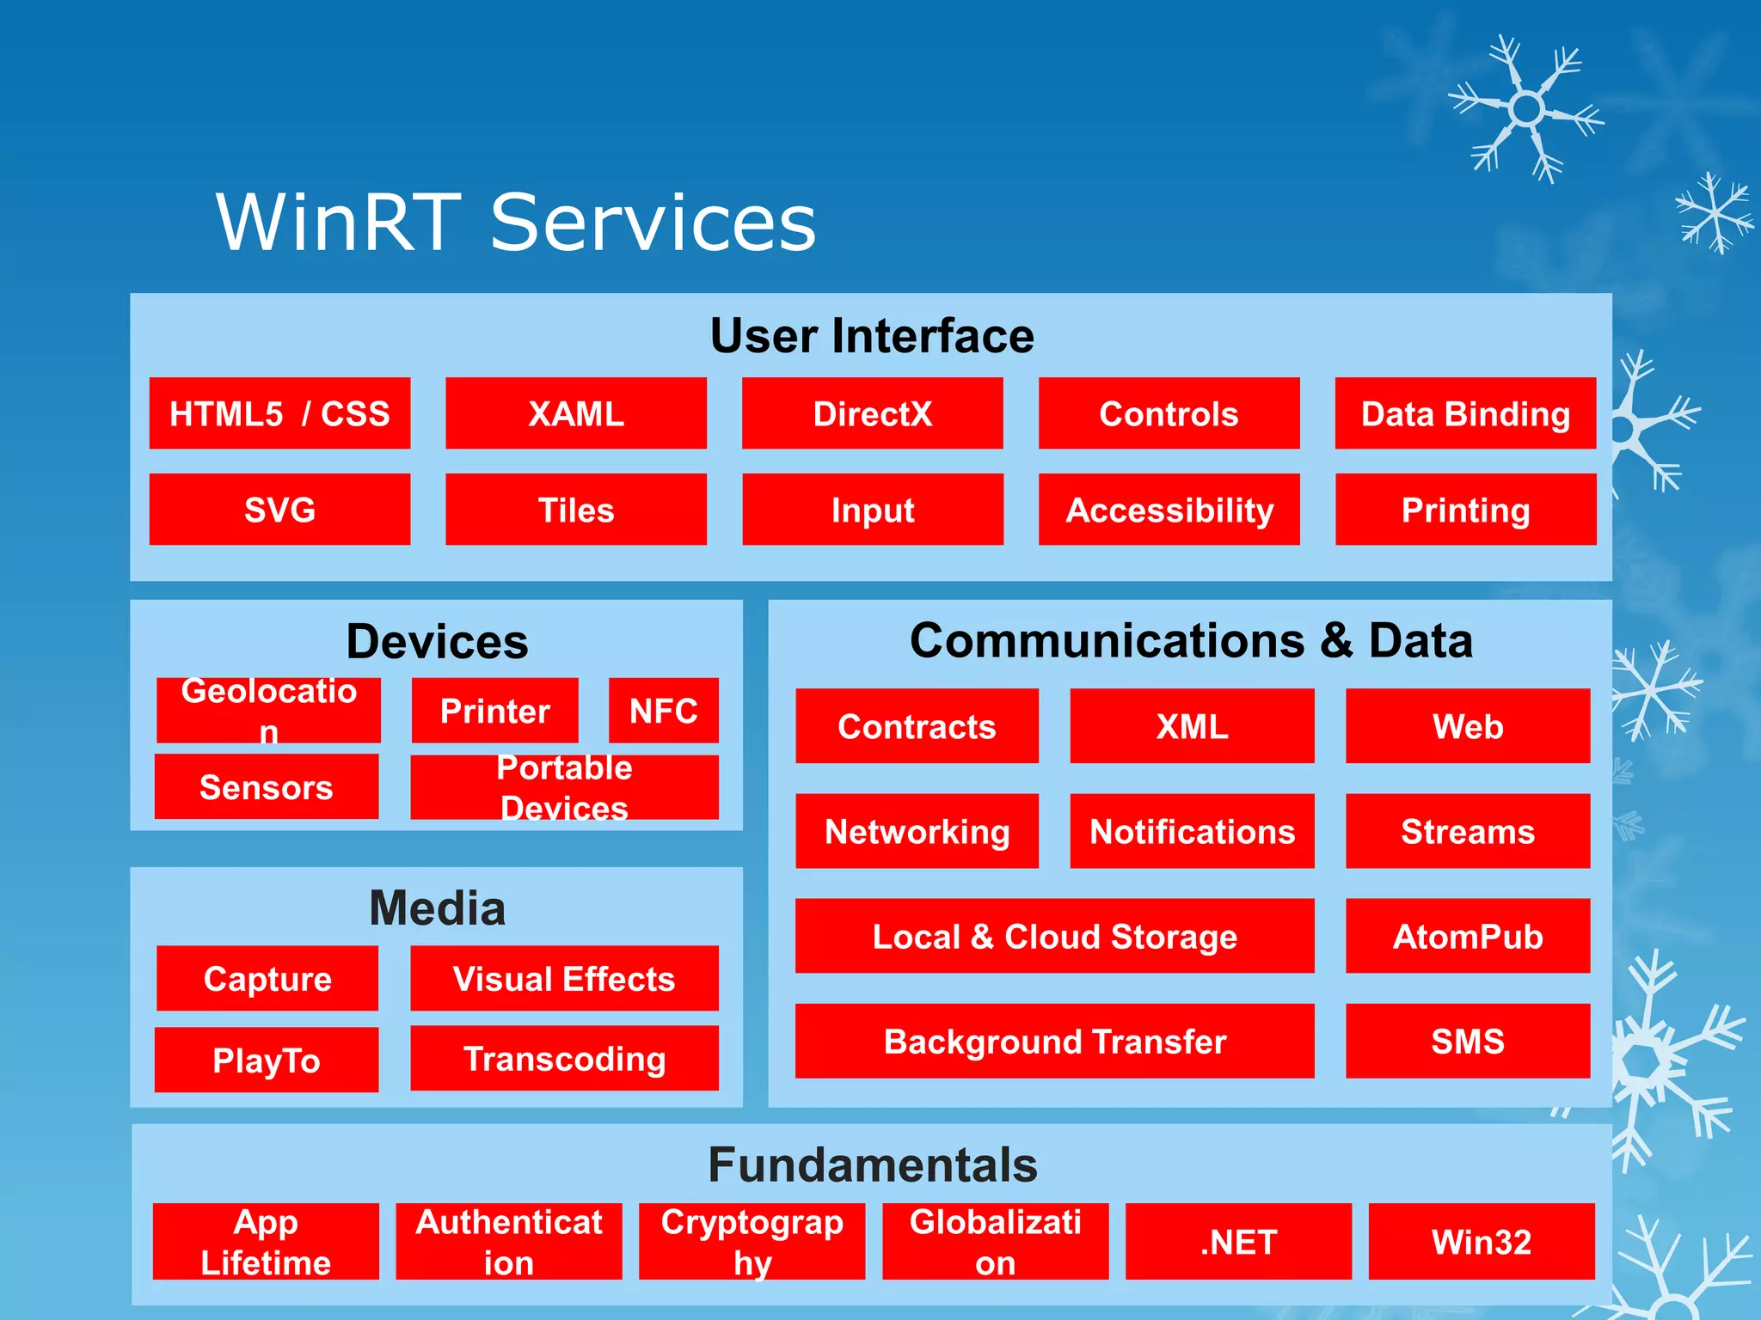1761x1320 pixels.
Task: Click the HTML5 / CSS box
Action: click(x=279, y=413)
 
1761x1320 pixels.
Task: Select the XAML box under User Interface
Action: click(x=576, y=413)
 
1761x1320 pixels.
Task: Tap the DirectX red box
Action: click(x=872, y=413)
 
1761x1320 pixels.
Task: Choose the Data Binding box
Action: click(x=1465, y=413)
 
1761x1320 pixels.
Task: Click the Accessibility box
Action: click(x=1169, y=510)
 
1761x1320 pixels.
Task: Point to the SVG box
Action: click(x=279, y=510)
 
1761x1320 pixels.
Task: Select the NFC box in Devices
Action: click(x=663, y=711)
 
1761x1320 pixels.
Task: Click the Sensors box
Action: click(x=267, y=786)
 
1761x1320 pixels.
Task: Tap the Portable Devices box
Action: click(x=564, y=787)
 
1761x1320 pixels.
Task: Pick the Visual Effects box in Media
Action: click(x=564, y=979)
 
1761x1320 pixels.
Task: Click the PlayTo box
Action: click(x=267, y=1060)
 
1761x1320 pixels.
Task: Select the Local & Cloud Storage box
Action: click(x=1054, y=936)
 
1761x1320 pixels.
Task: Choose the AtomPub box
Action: click(x=1467, y=936)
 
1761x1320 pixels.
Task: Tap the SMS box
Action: click(x=1467, y=1041)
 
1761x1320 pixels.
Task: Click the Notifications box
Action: click(x=1192, y=831)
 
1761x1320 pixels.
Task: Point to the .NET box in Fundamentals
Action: click(x=1238, y=1242)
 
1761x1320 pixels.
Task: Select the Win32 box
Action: click(x=1481, y=1242)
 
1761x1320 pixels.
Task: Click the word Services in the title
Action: click(x=653, y=223)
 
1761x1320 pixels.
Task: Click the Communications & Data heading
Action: click(x=1191, y=641)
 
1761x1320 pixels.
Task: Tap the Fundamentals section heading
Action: click(x=872, y=1165)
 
